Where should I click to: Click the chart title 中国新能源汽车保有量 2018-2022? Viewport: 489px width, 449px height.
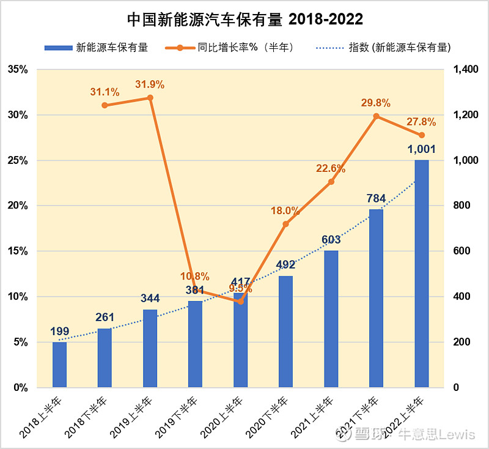point(244,20)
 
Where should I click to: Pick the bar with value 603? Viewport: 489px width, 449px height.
point(331,319)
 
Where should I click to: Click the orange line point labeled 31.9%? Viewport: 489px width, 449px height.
point(150,98)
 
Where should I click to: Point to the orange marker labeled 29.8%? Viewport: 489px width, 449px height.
point(376,116)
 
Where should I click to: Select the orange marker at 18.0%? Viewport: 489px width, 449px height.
point(285,224)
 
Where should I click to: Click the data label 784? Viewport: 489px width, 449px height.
point(375,198)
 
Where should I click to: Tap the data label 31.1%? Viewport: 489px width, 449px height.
point(105,92)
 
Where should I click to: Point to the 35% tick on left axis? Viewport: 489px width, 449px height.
point(18,70)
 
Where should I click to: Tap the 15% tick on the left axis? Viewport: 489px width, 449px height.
point(18,251)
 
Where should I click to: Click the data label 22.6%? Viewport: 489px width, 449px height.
point(331,169)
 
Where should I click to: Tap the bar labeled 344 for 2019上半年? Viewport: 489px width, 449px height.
point(150,348)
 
